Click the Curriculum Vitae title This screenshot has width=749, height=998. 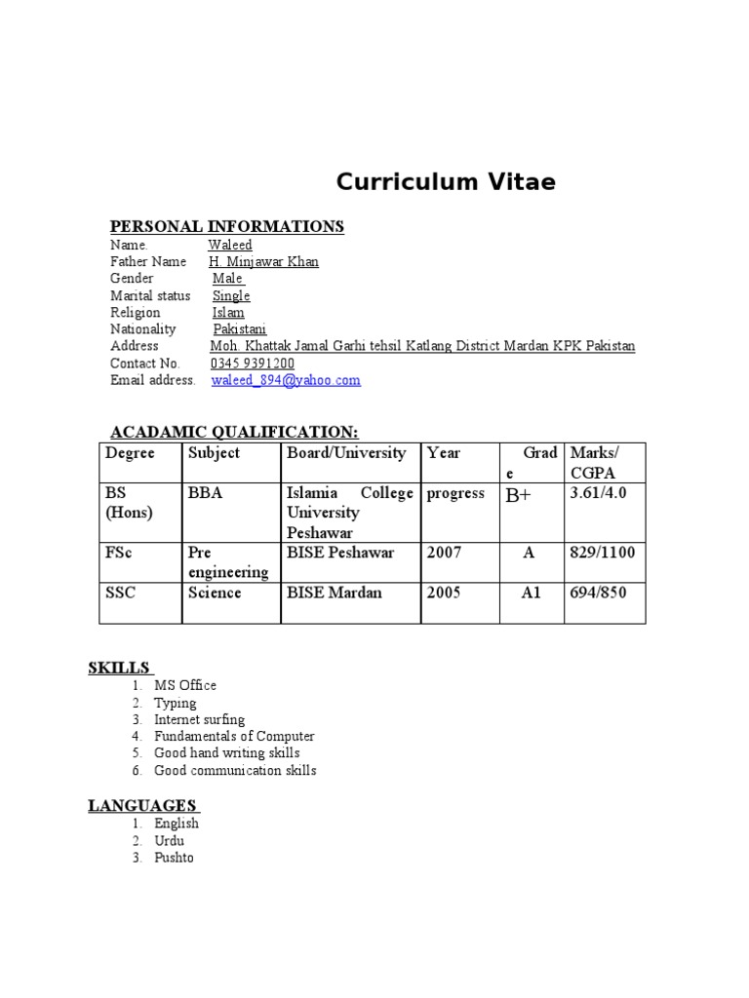click(x=446, y=182)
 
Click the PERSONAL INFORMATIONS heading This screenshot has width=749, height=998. click(x=227, y=226)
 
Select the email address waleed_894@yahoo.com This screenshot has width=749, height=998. click(x=286, y=380)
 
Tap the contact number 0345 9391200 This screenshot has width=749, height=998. click(x=253, y=364)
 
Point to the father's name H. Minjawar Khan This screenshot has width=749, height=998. click(x=263, y=261)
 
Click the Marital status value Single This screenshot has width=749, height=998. click(x=231, y=295)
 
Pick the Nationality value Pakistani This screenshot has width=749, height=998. click(x=239, y=329)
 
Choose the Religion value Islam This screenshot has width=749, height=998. click(x=228, y=313)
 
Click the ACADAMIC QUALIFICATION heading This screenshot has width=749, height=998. click(x=234, y=431)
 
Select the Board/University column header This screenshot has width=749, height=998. click(x=346, y=453)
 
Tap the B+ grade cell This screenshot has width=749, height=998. click(x=518, y=495)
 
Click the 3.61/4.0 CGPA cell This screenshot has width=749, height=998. click(x=598, y=493)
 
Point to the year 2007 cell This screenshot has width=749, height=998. click(x=444, y=553)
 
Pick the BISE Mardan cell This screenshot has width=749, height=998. click(x=335, y=593)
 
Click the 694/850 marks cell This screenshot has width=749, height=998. click(x=598, y=593)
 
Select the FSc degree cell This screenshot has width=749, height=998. click(x=118, y=553)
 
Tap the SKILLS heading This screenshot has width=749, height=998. click(x=119, y=668)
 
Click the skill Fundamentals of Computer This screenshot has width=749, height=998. click(x=234, y=736)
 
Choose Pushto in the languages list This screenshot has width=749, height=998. click(x=174, y=858)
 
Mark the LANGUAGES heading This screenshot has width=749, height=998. click(x=142, y=805)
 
